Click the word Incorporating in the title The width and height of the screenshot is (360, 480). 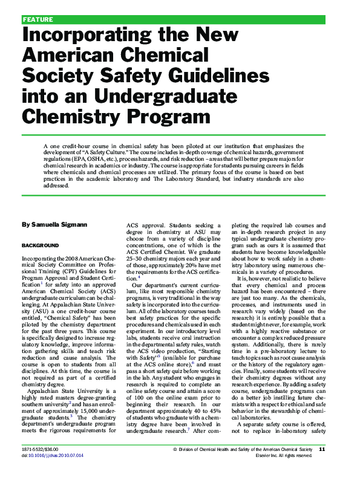[81, 35]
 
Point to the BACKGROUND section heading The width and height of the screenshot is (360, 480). [41, 245]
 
